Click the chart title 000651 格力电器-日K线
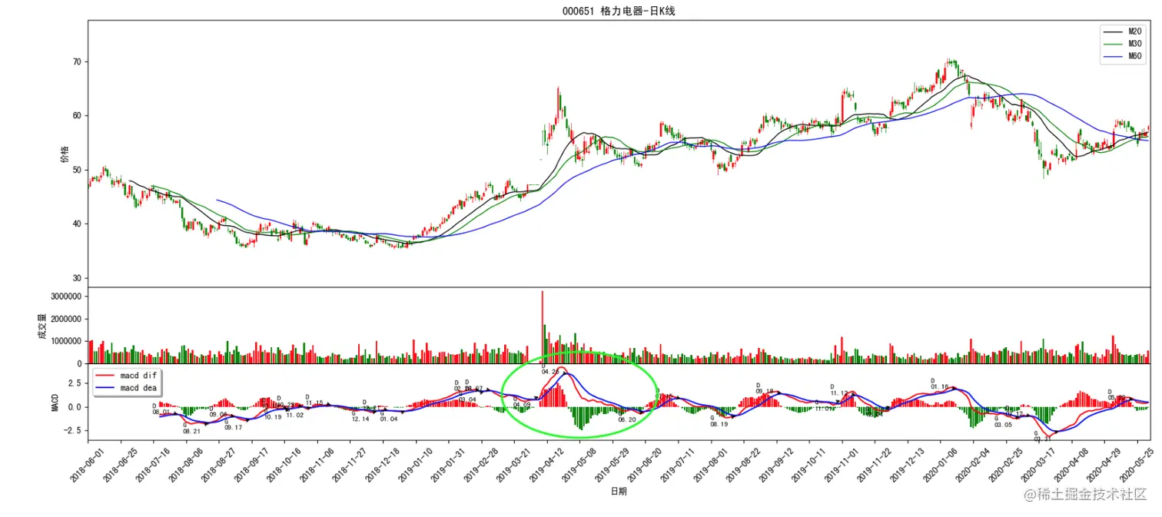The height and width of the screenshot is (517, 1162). click(x=619, y=11)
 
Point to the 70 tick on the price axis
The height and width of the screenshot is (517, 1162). click(x=75, y=62)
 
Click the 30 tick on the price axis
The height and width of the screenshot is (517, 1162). click(x=75, y=279)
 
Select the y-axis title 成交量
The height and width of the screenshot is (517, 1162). click(x=42, y=326)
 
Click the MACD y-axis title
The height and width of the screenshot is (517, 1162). click(x=55, y=403)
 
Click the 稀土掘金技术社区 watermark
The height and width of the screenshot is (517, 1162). click(x=1084, y=495)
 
